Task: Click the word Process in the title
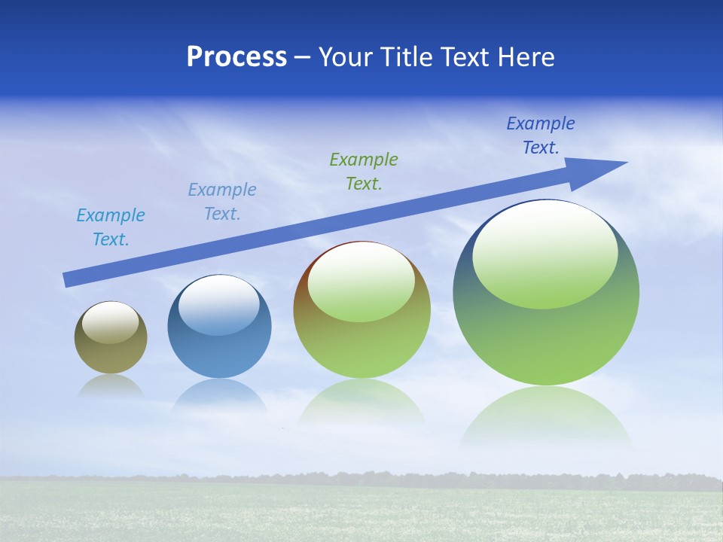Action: coord(236,57)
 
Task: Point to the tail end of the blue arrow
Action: coord(66,280)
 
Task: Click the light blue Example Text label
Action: coord(111,227)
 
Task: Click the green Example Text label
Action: coord(364,171)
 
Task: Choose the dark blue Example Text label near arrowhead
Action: coord(541,135)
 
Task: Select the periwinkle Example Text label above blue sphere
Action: coord(222,202)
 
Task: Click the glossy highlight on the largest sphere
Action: coord(545,254)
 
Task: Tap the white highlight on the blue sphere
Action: coord(218,305)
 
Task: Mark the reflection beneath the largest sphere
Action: coord(546,418)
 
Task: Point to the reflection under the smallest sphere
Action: coord(111,385)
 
